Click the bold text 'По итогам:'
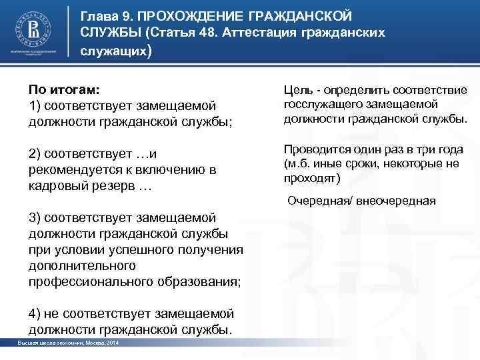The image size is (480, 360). [x=61, y=89]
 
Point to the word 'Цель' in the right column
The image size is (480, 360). [x=299, y=89]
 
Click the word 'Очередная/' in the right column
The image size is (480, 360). [x=316, y=201]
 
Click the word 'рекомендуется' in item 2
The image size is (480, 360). [x=73, y=170]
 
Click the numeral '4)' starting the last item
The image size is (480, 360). [x=36, y=313]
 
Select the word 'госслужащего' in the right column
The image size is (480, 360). [x=318, y=105]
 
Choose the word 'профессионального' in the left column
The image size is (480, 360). [x=89, y=281]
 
